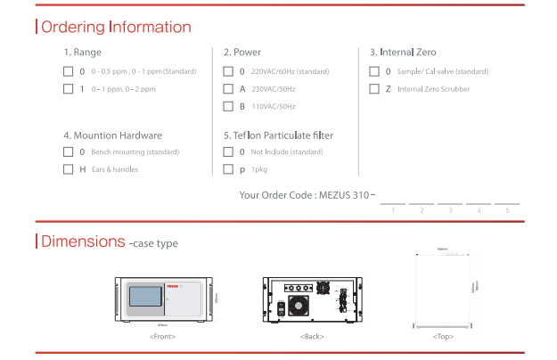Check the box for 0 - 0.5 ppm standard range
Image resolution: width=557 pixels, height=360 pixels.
tap(68, 70)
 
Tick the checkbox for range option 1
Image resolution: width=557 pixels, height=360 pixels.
tap(68, 88)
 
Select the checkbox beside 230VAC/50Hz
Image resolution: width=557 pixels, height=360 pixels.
tap(228, 88)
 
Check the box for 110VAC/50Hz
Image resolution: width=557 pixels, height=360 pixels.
tap(228, 106)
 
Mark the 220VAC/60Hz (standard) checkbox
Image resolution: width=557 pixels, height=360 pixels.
tap(228, 70)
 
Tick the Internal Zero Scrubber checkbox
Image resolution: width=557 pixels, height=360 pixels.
tap(374, 88)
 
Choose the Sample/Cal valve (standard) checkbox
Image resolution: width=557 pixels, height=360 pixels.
tap(374, 70)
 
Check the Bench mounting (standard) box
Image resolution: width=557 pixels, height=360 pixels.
tap(68, 151)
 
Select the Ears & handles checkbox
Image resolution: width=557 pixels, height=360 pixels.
tap(68, 169)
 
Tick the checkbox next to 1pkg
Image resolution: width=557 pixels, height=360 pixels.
tap(228, 169)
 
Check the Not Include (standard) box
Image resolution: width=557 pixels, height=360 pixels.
tap(228, 151)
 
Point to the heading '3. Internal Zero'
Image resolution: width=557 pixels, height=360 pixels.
tap(403, 52)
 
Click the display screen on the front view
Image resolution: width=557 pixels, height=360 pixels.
tap(147, 299)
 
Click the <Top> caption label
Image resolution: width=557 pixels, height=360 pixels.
tap(443, 337)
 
